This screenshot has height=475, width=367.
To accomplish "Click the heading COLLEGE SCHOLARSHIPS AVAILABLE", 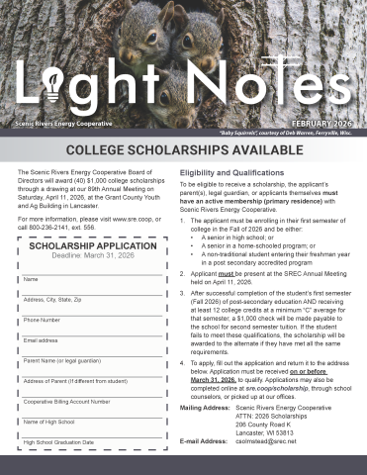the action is tap(183, 149).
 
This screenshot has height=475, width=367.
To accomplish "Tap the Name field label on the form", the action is tap(29, 280).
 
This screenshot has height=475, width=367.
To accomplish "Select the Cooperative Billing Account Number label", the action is tap(65, 402).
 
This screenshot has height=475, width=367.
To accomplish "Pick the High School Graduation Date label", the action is tap(58, 441).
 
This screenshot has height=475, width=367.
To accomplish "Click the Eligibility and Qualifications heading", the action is tap(230, 172).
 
